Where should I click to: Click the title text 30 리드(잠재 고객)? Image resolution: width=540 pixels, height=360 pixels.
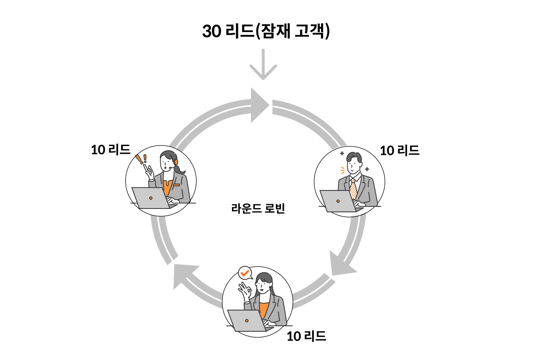click(x=266, y=32)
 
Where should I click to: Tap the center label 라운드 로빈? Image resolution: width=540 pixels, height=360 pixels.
click(x=258, y=208)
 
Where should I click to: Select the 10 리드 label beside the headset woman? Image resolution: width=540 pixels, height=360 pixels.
click(x=111, y=149)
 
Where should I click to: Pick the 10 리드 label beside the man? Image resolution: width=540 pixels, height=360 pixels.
click(x=400, y=150)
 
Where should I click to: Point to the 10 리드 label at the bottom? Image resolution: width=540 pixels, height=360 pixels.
click(x=306, y=336)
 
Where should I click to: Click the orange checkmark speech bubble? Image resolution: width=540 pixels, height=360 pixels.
click(x=244, y=273)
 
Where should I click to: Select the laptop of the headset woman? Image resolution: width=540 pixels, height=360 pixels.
click(x=151, y=198)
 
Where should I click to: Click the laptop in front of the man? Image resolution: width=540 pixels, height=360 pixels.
click(x=338, y=201)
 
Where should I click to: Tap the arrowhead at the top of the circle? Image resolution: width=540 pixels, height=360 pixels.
click(x=259, y=105)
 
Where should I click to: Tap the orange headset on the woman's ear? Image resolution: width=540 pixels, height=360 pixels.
click(x=175, y=162)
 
